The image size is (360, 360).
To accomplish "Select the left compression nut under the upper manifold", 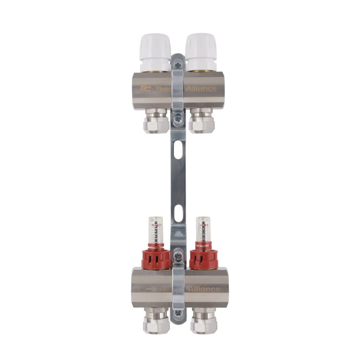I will tap(156, 120).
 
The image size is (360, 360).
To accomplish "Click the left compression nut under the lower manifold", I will tap(156, 321).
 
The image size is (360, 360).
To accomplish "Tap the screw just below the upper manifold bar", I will tap(177, 118).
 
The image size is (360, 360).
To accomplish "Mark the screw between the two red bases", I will tap(177, 255).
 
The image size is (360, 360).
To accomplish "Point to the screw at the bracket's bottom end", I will tap(177, 313).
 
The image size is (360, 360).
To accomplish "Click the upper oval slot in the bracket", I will tap(177, 150).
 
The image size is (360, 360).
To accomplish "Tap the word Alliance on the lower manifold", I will tap(204, 289).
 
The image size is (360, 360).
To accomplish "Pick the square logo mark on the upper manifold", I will tap(146, 89).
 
